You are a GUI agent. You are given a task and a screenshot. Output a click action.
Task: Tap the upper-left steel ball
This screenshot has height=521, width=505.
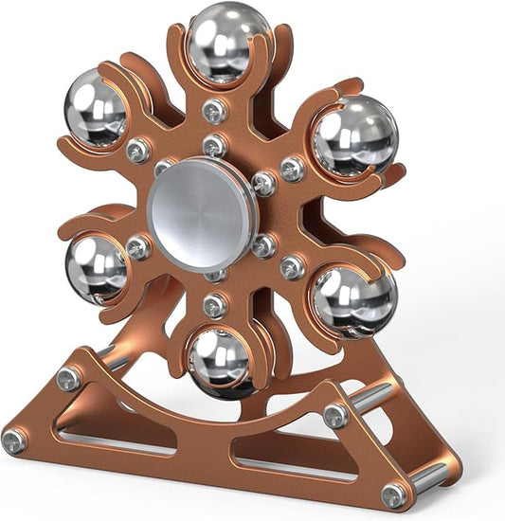click(96, 109)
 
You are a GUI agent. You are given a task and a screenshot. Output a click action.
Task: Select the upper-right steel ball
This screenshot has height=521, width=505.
click(354, 137)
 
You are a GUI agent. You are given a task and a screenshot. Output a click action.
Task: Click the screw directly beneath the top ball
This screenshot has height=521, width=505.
click(215, 110)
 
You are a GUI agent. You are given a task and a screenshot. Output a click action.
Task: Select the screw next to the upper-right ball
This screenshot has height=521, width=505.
click(292, 169)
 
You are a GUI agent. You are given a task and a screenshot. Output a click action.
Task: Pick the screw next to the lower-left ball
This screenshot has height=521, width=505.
click(138, 248)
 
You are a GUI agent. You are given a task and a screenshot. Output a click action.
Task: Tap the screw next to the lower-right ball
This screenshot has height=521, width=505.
click(292, 267)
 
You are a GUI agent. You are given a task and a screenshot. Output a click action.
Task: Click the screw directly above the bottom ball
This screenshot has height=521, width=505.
click(215, 306)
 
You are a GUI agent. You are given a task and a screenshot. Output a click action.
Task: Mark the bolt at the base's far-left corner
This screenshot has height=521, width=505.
click(14, 440)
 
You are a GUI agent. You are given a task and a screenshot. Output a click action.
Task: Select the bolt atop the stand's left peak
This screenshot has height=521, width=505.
click(68, 379)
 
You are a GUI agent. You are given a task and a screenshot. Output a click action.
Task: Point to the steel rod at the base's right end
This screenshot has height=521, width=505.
click(431, 476)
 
